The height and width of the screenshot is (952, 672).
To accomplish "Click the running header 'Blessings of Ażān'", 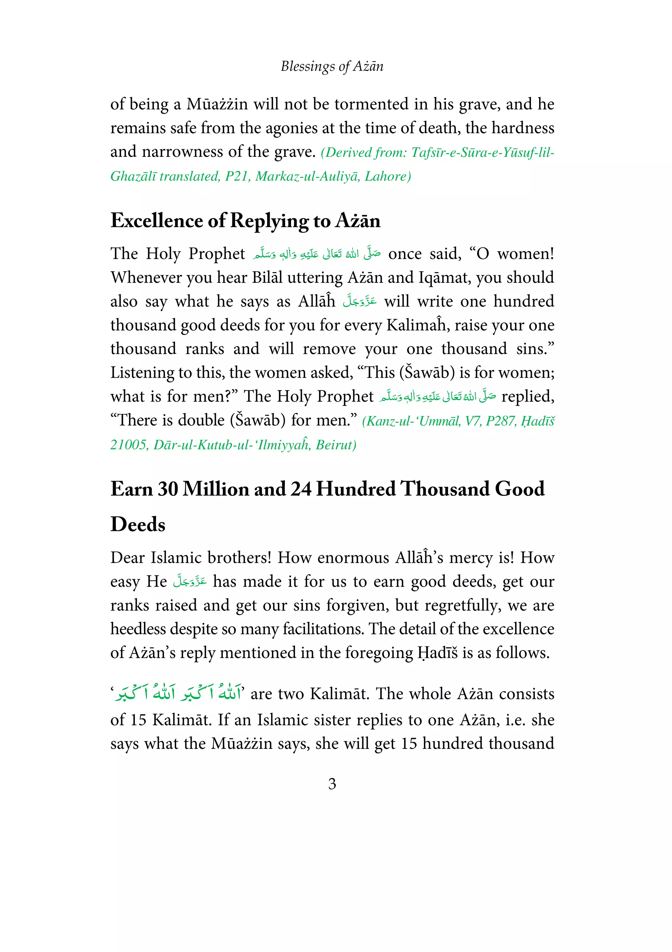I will (x=332, y=66).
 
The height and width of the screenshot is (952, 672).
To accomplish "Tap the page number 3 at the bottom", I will (x=332, y=784).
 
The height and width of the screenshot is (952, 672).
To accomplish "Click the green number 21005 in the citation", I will (x=129, y=445).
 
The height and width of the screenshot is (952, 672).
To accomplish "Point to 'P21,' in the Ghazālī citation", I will (x=238, y=177).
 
